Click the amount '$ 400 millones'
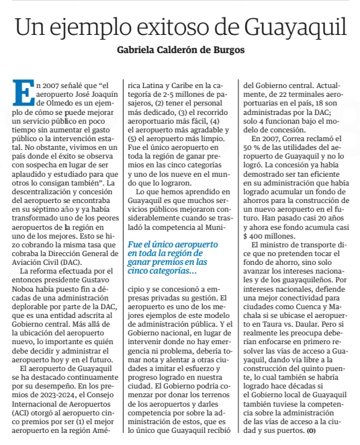(269, 237)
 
